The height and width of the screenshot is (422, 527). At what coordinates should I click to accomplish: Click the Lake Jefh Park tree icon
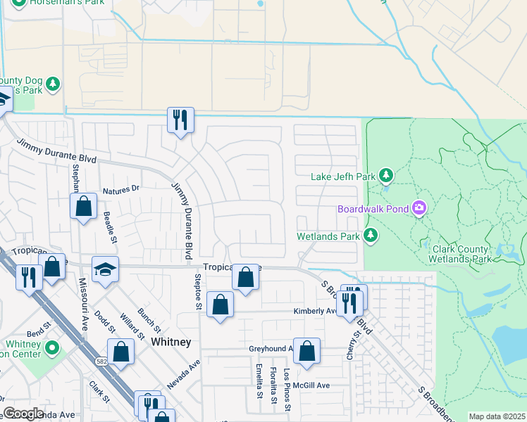coord(385,175)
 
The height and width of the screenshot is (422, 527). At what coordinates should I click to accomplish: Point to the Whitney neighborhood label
coord(171,341)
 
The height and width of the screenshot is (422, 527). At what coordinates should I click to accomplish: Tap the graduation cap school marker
coord(105,269)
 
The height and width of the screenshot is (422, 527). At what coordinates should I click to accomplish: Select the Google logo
coord(23,414)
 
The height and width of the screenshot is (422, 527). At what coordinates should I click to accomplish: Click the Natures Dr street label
coord(121,189)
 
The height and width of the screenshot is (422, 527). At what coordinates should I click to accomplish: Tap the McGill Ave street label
coord(313,385)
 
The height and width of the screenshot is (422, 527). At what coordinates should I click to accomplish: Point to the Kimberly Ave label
coord(315,311)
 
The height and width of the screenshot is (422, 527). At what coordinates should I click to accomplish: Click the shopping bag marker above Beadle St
coord(83,206)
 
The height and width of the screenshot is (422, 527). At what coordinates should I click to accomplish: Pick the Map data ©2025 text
coord(497,416)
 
